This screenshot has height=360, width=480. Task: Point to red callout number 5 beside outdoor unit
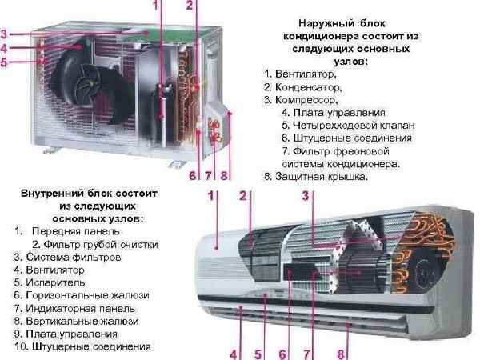coord(5,62)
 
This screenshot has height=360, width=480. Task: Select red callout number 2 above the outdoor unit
coord(189,6)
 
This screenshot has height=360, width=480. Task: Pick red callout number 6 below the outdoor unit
coord(192,175)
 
